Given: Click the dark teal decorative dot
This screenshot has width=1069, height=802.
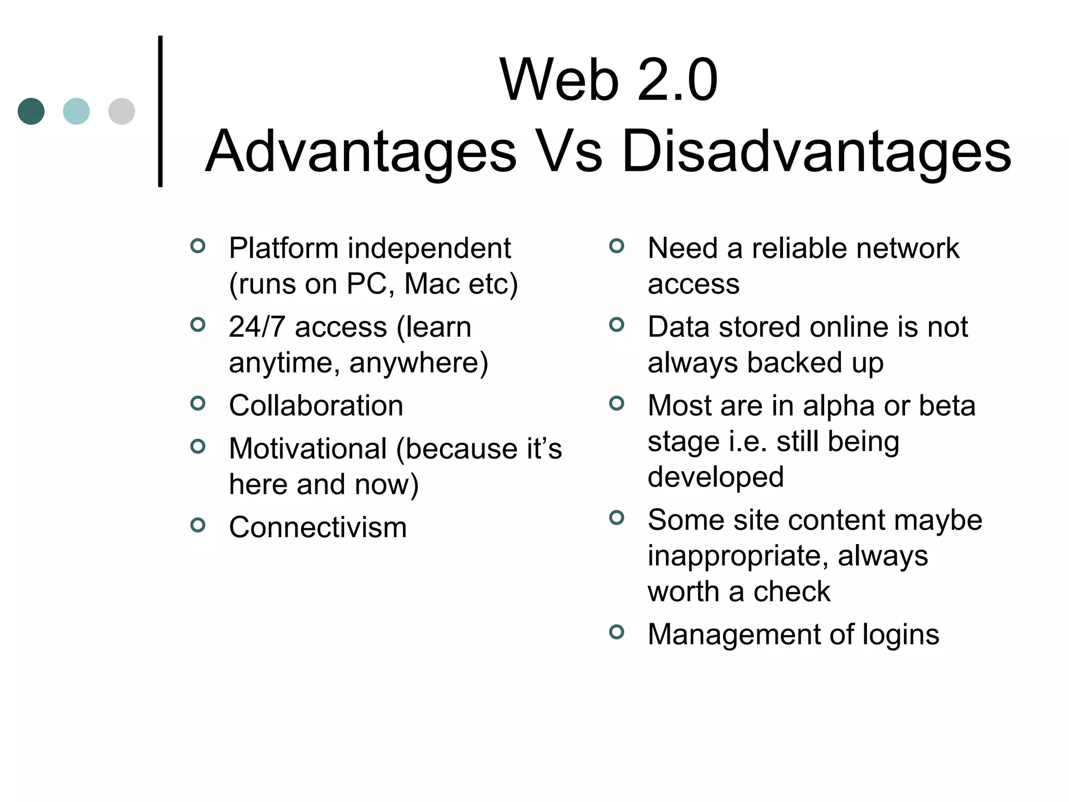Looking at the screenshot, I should pos(31,111).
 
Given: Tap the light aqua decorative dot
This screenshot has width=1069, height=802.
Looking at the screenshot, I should pos(76,111).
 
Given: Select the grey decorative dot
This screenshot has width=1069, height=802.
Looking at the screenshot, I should pos(122,111).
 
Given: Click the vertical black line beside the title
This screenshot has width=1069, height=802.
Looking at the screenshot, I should pos(160,111).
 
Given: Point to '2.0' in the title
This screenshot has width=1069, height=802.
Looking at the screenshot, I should pos(677,81).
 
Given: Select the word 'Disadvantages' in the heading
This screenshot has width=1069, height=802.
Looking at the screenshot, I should pos(816,152).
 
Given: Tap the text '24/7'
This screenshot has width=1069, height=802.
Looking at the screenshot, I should pos(257,327).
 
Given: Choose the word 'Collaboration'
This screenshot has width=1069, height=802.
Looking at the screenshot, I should pos(316,406).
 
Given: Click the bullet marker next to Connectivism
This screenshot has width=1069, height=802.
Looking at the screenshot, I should pos(198,525).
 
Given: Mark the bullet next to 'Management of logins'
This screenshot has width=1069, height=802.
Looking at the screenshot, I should pos(616,632).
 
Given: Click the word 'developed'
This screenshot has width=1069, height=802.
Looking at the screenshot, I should pos(716,477).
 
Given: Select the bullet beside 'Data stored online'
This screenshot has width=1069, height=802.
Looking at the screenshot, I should pos(616,325).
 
